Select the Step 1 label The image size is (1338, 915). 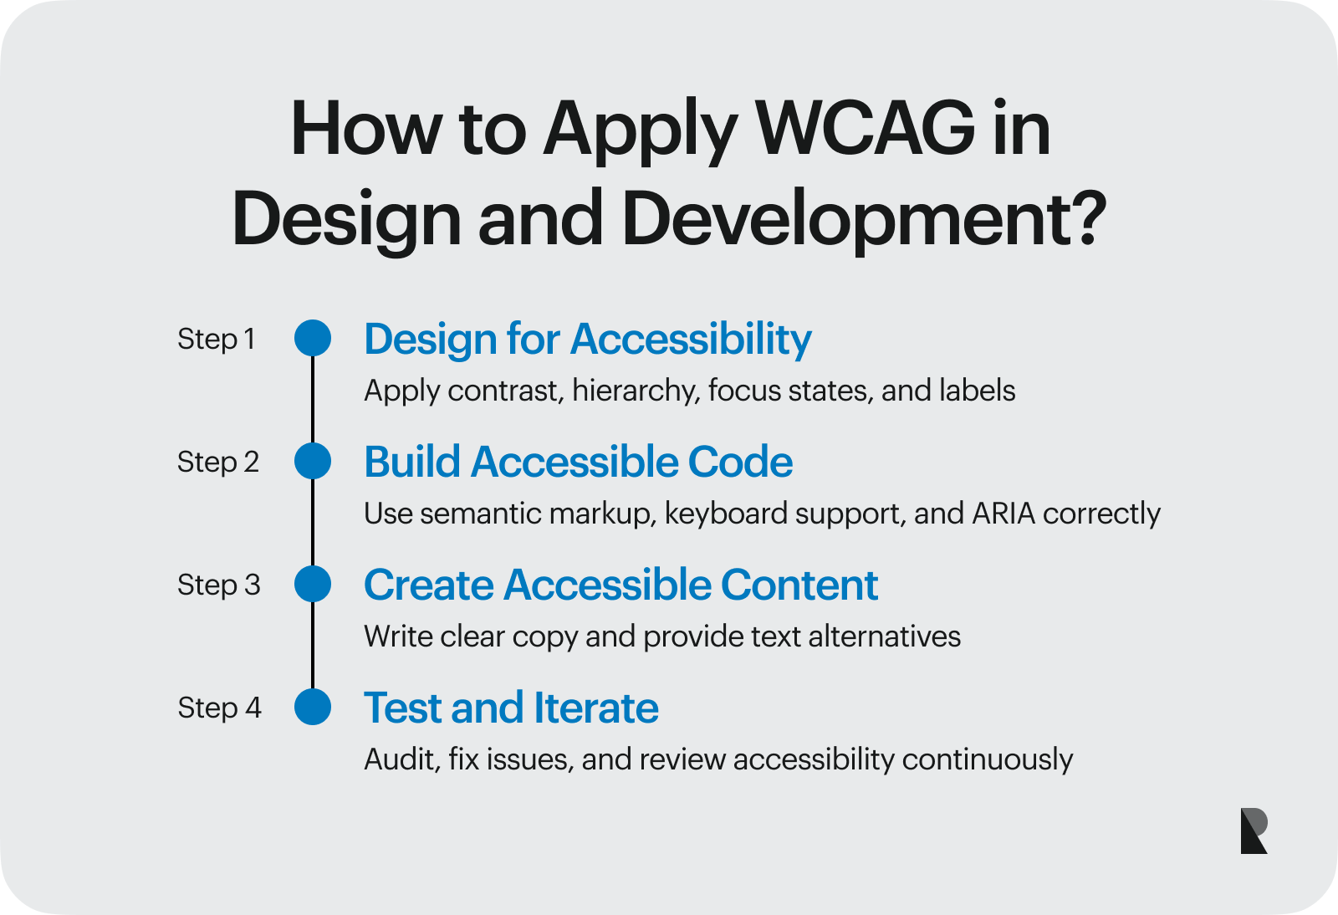(x=216, y=340)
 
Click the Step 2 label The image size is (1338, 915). (x=217, y=463)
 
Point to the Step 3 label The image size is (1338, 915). (x=218, y=585)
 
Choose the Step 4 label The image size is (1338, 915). (x=219, y=708)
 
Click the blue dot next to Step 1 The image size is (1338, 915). (x=313, y=339)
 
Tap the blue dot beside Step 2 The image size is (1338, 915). (x=313, y=462)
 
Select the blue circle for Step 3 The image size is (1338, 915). (x=313, y=584)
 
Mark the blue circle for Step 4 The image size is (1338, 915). (x=313, y=707)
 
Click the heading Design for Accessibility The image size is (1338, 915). (x=587, y=340)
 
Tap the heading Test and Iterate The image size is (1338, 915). (x=511, y=708)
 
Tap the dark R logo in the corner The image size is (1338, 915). (x=1254, y=831)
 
